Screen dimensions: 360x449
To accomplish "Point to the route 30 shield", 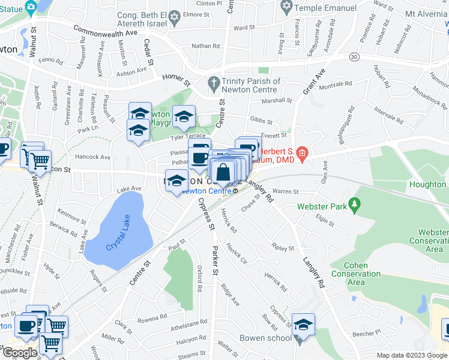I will [x=355, y=57].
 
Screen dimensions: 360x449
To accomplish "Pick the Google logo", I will [x=20, y=353].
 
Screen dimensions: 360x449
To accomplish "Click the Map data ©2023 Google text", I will [x=411, y=355].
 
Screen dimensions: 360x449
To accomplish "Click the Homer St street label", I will [x=178, y=82].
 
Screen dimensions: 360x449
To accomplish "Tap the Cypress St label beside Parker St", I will [x=205, y=213].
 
